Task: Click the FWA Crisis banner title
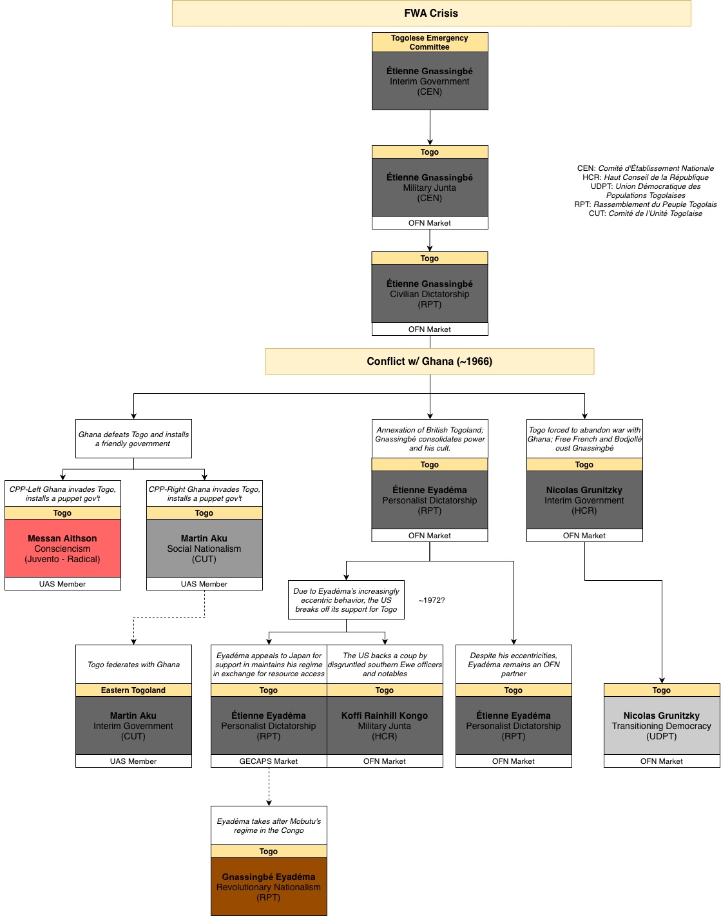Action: (x=431, y=13)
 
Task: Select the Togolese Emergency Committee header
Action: (x=430, y=43)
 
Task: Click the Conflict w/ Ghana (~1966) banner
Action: (x=430, y=362)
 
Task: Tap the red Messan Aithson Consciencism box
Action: (x=62, y=549)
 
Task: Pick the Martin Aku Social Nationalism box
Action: (x=204, y=549)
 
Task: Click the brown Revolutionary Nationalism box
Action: (x=269, y=886)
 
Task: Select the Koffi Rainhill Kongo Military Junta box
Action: (x=385, y=726)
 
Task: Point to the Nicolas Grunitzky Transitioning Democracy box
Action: (x=662, y=726)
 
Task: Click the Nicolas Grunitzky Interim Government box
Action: (x=584, y=500)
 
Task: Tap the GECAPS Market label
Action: (x=269, y=761)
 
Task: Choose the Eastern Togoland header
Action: (x=133, y=690)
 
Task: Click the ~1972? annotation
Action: (x=431, y=600)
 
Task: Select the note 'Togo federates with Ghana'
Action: (x=133, y=665)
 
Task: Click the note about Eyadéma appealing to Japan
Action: (x=269, y=665)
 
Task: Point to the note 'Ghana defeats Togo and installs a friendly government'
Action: (x=133, y=439)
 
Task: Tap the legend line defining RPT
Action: (x=645, y=204)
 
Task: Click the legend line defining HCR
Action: (x=645, y=177)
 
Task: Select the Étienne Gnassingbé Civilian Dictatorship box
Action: (x=430, y=294)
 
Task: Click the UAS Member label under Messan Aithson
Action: (x=62, y=584)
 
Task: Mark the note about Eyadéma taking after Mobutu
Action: (x=269, y=826)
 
